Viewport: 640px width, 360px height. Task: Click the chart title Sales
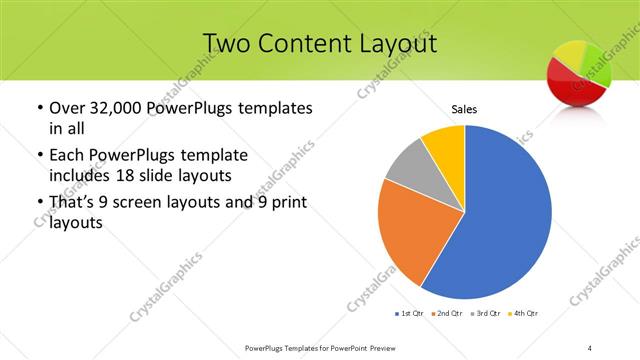tap(464, 109)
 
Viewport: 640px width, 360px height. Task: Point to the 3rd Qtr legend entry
tap(487, 314)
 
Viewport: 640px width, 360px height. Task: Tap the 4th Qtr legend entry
tap(525, 314)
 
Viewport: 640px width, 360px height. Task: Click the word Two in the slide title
tap(228, 43)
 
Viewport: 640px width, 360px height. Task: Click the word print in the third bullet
tap(285, 204)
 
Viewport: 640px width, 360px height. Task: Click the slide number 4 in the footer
tap(590, 347)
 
